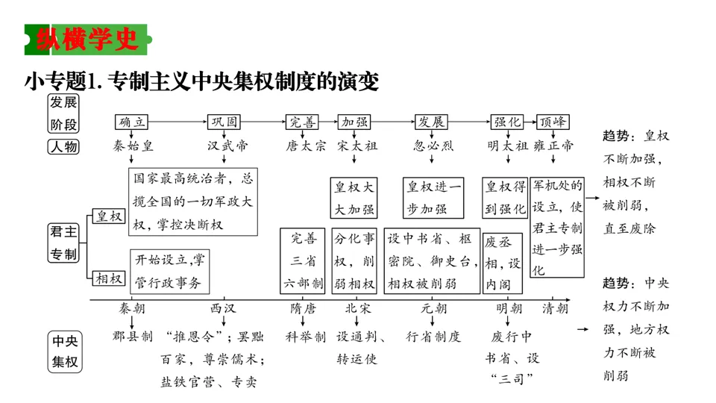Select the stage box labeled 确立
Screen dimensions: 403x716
click(134, 122)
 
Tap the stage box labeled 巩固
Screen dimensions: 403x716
click(224, 122)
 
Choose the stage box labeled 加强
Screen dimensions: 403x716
click(354, 122)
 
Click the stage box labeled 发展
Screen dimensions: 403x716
click(432, 122)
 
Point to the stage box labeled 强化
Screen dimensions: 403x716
click(506, 122)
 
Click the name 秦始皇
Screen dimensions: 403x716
click(134, 146)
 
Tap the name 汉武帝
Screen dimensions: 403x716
click(227, 146)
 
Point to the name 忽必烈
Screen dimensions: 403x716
click(433, 146)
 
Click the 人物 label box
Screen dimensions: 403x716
click(63, 146)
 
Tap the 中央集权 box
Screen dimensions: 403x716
click(64, 352)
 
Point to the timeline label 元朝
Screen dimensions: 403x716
click(433, 308)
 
